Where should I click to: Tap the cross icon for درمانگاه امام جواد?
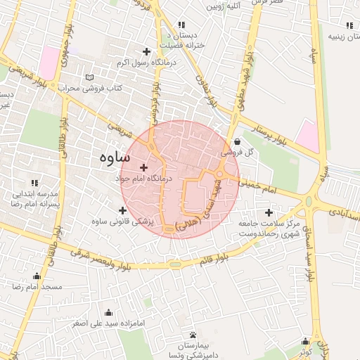pyautogui.click(x=144, y=167)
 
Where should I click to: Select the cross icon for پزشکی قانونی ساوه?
pyautogui.click(x=123, y=210)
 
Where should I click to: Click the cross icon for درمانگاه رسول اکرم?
pyautogui.click(x=146, y=51)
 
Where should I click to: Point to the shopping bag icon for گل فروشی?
pyautogui.click(x=236, y=141)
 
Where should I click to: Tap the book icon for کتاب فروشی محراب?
pyautogui.click(x=88, y=77)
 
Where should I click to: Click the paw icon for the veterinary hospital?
pyautogui.click(x=193, y=335)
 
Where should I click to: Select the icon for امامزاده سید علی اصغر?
pyautogui.click(x=108, y=313)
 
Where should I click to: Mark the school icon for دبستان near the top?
pyautogui.click(x=183, y=25)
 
